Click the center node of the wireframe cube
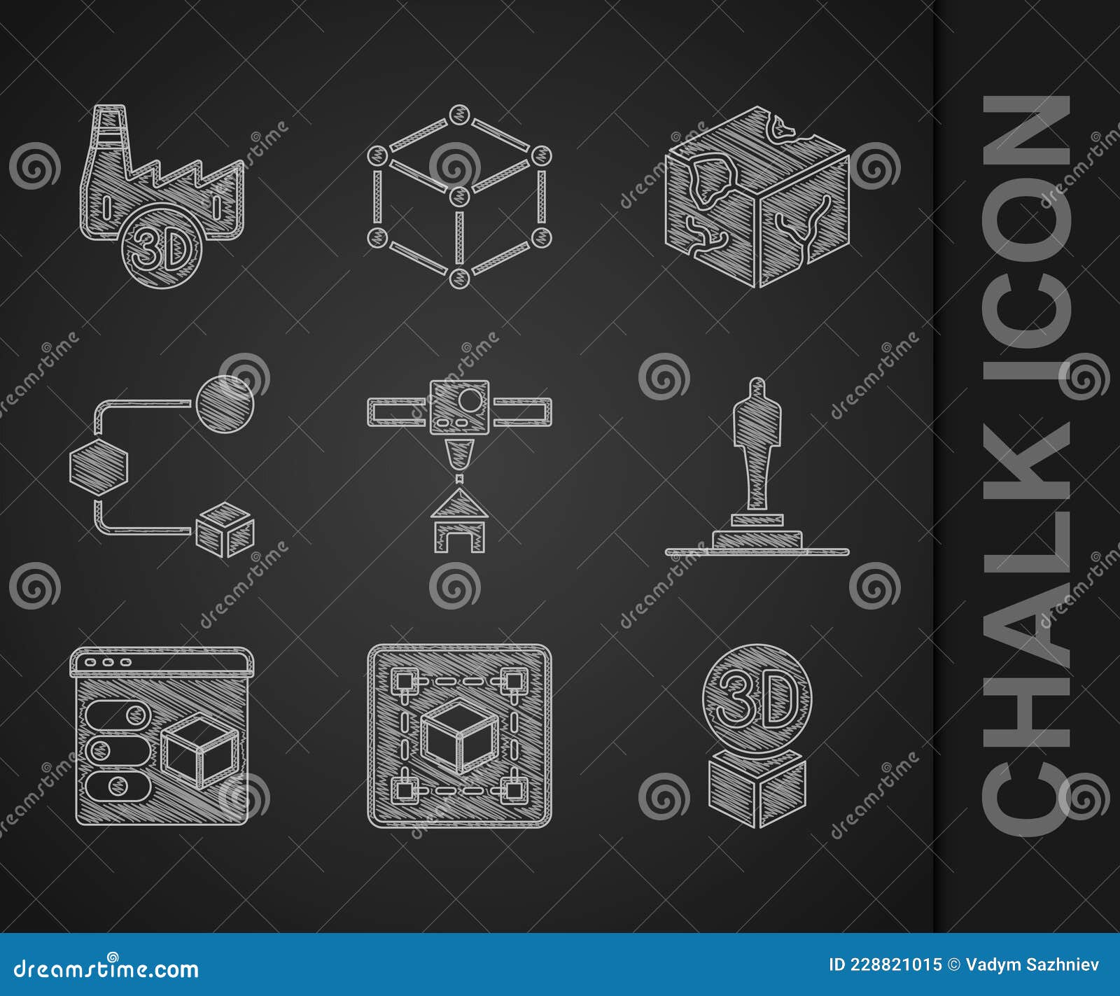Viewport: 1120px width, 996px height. [458, 196]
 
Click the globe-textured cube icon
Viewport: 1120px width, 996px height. [757, 197]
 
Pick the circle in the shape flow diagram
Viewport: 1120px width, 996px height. [225, 404]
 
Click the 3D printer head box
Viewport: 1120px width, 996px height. [459, 405]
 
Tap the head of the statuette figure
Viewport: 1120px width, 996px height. [757, 387]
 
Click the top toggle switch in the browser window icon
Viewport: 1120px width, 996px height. [120, 715]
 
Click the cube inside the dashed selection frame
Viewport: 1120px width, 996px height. [459, 735]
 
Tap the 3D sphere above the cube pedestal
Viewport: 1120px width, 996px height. [757, 700]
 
